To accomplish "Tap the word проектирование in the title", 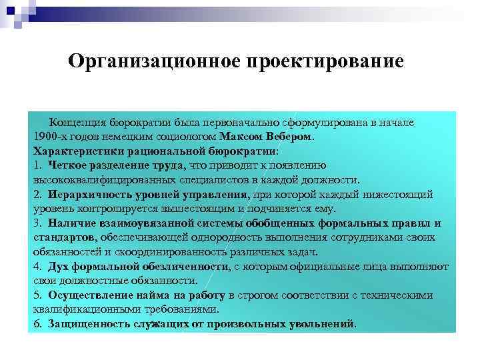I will (326, 62).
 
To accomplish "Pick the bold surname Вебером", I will (288, 137).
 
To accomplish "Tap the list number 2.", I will (37, 194).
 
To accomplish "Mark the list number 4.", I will (37, 267).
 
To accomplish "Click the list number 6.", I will (37, 324).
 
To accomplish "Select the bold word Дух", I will (57, 267).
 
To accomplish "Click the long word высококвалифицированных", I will (105, 180).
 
